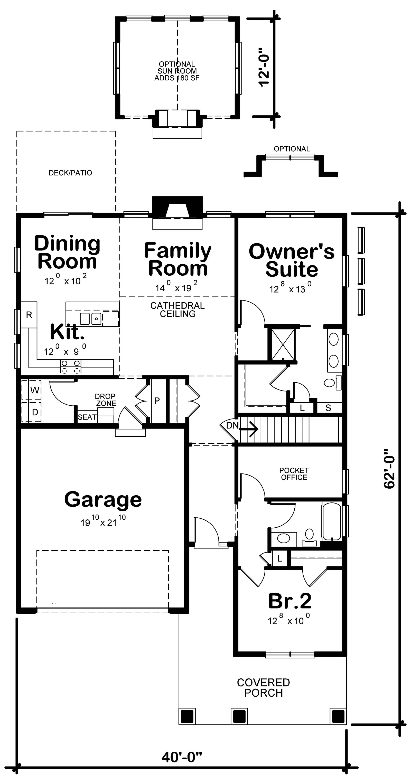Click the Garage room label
(x=103, y=499)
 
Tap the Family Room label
(x=178, y=259)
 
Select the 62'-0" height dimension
(x=389, y=468)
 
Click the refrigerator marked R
(x=29, y=315)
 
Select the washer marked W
(x=35, y=390)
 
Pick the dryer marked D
(x=35, y=412)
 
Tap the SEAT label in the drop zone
(x=87, y=417)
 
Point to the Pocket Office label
(x=294, y=474)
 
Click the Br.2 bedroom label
(x=290, y=601)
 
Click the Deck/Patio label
(x=70, y=173)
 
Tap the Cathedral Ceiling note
(x=178, y=310)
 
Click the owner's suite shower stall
(x=283, y=344)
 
